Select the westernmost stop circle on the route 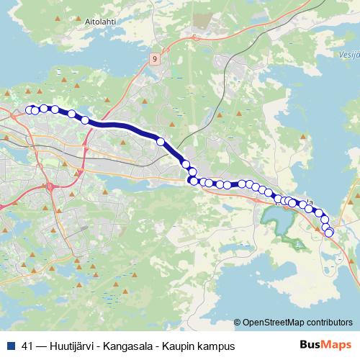click(x=30, y=109)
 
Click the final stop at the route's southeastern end click(x=329, y=232)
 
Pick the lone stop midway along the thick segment click(x=161, y=142)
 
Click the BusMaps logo click(x=325, y=345)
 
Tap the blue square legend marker click(x=12, y=346)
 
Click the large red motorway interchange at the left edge click(x=52, y=188)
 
